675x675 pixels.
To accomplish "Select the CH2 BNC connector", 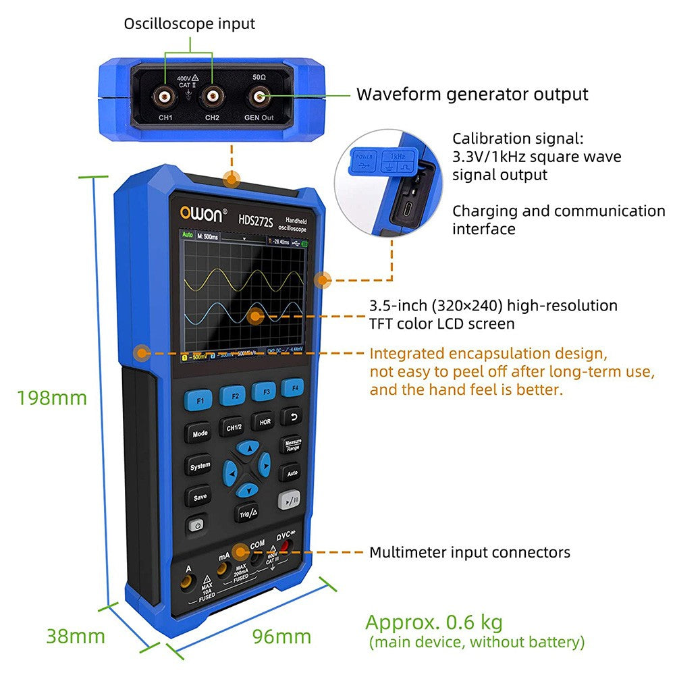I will (212, 97).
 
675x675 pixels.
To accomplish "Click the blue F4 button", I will (293, 388).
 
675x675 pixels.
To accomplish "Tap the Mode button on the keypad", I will (200, 433).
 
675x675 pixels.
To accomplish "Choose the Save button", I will (200, 497).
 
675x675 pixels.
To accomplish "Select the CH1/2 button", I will (234, 427).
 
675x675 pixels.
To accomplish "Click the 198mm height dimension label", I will (52, 398).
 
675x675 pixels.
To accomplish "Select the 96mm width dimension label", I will (281, 636).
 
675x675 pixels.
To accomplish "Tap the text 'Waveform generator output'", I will (472, 94).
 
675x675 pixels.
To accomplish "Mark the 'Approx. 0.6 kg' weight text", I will (433, 622).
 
